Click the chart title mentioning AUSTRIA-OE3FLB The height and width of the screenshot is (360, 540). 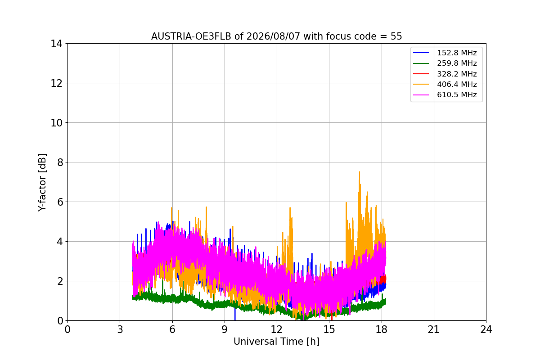click(x=276, y=36)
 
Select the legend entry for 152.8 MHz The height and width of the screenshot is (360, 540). click(x=445, y=53)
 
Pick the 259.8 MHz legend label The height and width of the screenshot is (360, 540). click(x=457, y=63)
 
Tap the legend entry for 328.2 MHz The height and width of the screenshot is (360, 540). click(x=445, y=74)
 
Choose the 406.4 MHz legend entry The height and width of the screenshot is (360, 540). click(x=445, y=84)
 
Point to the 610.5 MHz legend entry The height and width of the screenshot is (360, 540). click(x=445, y=95)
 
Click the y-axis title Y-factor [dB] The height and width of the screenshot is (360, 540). click(x=42, y=183)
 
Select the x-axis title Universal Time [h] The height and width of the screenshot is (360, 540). click(x=276, y=342)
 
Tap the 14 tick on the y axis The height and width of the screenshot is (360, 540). click(x=56, y=44)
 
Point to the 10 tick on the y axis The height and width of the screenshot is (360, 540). click(x=56, y=123)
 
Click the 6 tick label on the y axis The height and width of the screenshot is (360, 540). click(x=60, y=202)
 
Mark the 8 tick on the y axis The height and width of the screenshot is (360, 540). click(x=60, y=162)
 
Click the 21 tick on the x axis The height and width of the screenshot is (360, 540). click(x=434, y=329)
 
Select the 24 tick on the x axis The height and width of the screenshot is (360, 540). click(x=486, y=329)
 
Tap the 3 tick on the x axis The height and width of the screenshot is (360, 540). click(x=120, y=329)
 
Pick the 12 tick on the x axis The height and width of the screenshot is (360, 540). click(x=277, y=329)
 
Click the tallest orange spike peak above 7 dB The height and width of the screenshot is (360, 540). click(x=360, y=172)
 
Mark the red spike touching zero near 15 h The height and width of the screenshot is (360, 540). click(x=332, y=317)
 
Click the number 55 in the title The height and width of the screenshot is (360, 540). click(x=396, y=36)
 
